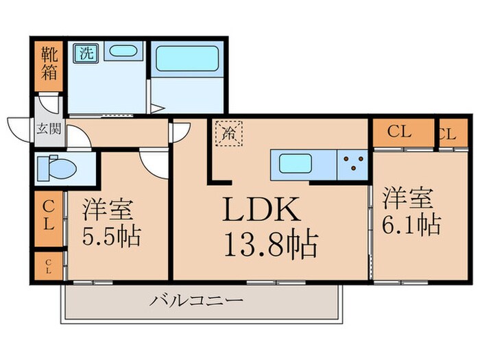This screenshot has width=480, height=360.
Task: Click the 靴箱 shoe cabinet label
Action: coord(48,64)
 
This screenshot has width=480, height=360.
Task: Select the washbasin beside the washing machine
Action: coord(124,52)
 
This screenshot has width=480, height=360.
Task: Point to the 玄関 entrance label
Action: coord(48,128)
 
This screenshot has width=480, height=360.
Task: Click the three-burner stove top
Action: coord(353,164)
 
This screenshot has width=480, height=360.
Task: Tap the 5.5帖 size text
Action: coord(111,237)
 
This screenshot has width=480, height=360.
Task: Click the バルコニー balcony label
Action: coord(196,300)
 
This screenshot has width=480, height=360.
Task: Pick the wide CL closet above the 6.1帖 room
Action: coord(403,132)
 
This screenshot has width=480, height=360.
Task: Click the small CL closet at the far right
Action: coord(446,134)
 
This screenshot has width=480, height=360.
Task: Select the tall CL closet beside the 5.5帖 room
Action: coord(48,215)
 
